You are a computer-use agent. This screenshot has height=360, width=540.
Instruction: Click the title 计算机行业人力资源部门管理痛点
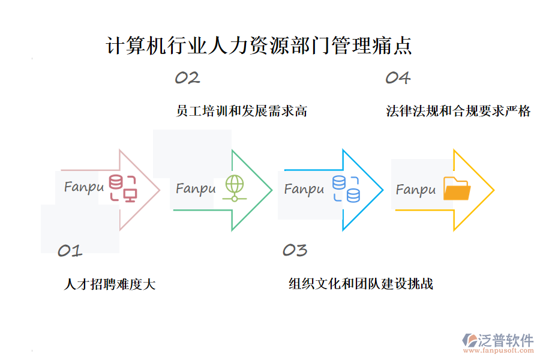(259, 47)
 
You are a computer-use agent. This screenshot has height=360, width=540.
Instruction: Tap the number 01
(70, 251)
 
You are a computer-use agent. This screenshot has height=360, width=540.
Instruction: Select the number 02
(187, 77)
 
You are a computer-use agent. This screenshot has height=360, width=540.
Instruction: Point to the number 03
(295, 250)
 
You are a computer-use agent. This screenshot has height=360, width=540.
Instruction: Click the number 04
(397, 77)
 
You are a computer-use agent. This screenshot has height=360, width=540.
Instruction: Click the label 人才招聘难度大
(110, 284)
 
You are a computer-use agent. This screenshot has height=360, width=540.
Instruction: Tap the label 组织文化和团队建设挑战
(361, 284)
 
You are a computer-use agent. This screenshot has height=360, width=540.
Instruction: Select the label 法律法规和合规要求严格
(458, 111)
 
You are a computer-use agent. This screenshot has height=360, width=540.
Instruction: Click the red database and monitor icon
(122, 188)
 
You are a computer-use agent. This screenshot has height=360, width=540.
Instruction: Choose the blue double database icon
(346, 188)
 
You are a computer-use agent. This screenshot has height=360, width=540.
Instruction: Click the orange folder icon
(457, 189)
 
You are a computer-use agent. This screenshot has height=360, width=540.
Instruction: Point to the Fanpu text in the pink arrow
(84, 187)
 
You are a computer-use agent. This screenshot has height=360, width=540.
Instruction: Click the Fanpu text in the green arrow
(196, 189)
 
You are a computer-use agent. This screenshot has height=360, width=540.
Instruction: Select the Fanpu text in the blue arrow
(304, 190)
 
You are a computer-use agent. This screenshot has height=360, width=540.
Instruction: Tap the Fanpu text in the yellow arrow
(415, 190)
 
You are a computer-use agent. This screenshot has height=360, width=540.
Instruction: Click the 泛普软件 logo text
(505, 340)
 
